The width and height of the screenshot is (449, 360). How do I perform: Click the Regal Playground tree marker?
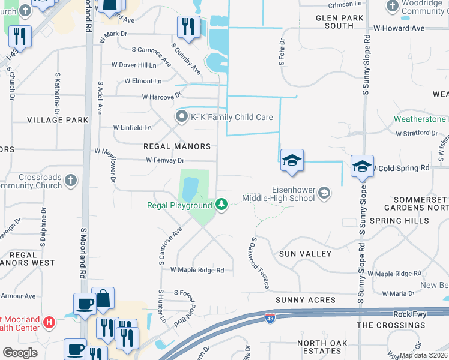(222, 205)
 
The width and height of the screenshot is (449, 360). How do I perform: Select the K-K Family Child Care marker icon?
(181, 117)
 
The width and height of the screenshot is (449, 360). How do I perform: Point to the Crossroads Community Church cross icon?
(71, 179)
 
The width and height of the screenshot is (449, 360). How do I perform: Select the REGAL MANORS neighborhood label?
(177, 146)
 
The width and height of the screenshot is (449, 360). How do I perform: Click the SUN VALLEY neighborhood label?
(306, 254)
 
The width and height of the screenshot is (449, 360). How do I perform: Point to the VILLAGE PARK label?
(58, 120)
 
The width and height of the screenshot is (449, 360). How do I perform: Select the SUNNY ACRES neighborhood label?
(304, 299)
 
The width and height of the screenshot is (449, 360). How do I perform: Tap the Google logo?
(20, 352)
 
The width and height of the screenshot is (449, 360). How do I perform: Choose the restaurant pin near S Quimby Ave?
(188, 27)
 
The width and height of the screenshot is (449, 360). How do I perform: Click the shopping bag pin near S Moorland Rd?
(103, 299)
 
